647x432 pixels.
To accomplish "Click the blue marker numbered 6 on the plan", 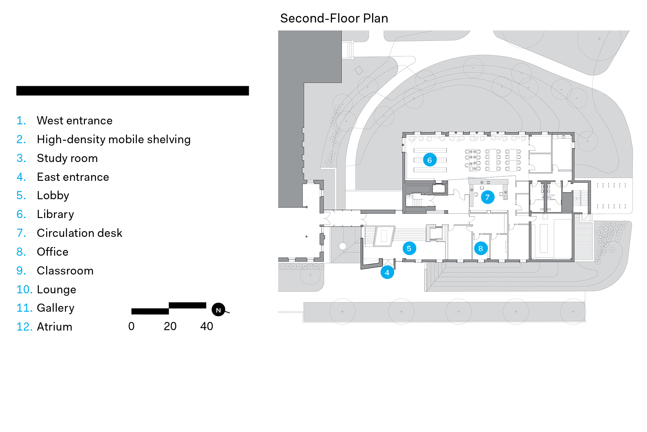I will [x=430, y=160].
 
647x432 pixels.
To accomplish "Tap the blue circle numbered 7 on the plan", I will [x=487, y=197].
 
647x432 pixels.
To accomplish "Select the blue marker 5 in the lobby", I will [x=409, y=248].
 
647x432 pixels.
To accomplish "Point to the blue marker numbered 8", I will [x=481, y=248].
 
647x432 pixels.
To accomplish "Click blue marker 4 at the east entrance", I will [x=387, y=272].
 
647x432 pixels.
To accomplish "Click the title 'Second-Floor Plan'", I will [x=334, y=18].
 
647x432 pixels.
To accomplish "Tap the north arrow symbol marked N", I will [x=219, y=310].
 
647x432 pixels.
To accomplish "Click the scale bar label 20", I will [x=170, y=326].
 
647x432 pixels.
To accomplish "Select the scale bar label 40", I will [x=206, y=326].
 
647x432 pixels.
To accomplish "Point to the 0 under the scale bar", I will [x=131, y=326].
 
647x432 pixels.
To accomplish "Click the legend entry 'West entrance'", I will [x=74, y=121].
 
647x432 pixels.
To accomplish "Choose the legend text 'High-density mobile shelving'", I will [x=114, y=139].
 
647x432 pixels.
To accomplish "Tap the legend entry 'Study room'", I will [x=67, y=158].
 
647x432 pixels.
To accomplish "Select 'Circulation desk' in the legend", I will [x=79, y=233].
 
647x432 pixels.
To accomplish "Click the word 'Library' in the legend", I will [x=55, y=214].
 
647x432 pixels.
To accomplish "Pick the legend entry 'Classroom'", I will [x=65, y=271].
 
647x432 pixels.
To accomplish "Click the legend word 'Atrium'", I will [x=54, y=327].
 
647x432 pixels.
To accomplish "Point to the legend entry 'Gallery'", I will [x=56, y=308].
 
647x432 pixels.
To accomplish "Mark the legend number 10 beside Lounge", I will [x=24, y=290].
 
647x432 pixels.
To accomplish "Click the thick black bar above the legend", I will [x=132, y=91].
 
